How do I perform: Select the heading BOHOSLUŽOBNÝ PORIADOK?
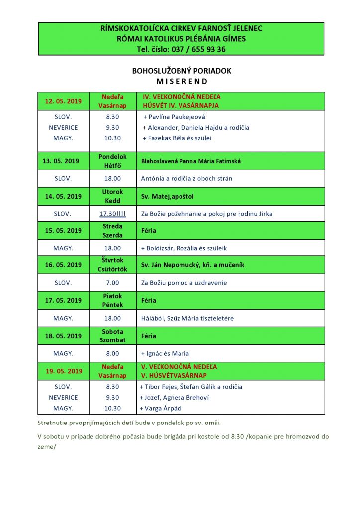pyautogui.click(x=181, y=71)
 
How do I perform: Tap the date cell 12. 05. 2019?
pyautogui.click(x=63, y=101)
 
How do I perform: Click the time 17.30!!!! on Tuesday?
pyautogui.click(x=112, y=214)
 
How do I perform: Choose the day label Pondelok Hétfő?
pyautogui.click(x=112, y=161)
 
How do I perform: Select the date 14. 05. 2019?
pyautogui.click(x=63, y=196)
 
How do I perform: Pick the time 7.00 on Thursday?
pyautogui.click(x=112, y=283)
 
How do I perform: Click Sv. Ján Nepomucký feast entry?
pyautogui.click(x=192, y=265)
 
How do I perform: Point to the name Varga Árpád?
pyautogui.click(x=162, y=408)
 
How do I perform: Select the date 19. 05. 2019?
pyautogui.click(x=63, y=371)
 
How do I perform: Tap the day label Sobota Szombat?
pyautogui.click(x=112, y=336)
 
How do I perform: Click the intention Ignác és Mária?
pyautogui.click(x=165, y=353)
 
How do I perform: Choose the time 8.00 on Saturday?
pyautogui.click(x=112, y=353)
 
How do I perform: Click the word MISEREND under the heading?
pyautogui.click(x=181, y=81)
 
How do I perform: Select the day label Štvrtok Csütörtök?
pyautogui.click(x=112, y=265)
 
